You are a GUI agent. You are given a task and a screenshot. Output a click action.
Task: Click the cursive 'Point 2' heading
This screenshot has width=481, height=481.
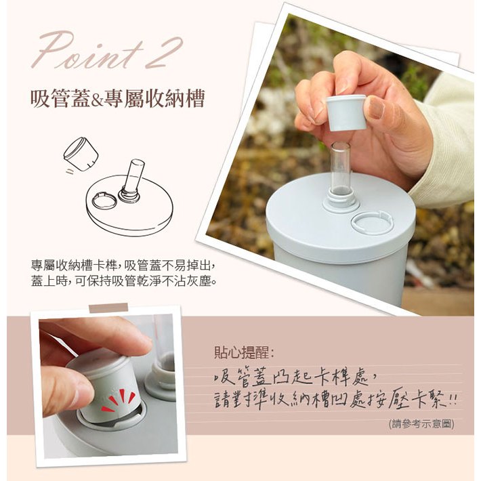pyautogui.click(x=107, y=51)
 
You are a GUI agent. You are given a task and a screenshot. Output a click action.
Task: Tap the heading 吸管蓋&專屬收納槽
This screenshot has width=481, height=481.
pyautogui.click(x=117, y=98)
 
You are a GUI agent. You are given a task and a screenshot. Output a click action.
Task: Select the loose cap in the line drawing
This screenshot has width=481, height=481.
pyautogui.click(x=81, y=154)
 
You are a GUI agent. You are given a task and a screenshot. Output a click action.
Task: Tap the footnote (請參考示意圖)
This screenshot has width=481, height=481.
pyautogui.click(x=421, y=424)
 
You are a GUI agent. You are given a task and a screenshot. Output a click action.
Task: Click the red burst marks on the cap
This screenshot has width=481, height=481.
pyautogui.click(x=119, y=400)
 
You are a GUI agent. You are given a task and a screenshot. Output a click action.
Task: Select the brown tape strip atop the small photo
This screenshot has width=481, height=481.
pyautogui.click(x=108, y=308)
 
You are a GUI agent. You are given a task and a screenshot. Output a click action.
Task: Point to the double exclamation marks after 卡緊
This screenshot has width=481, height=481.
pyautogui.click(x=453, y=400)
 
